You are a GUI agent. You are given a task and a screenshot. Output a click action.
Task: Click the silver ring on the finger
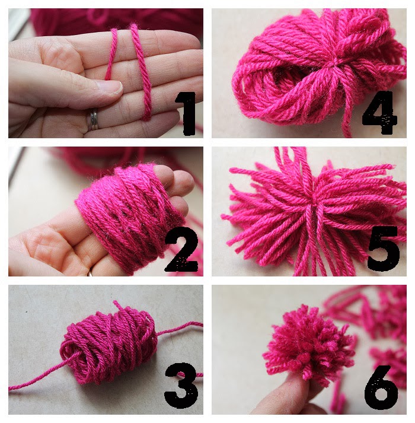coord(94,119)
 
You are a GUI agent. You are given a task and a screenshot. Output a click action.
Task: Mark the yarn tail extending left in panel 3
coord(36,383)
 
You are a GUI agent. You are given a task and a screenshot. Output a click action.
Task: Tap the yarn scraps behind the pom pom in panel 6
coord(379,332)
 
